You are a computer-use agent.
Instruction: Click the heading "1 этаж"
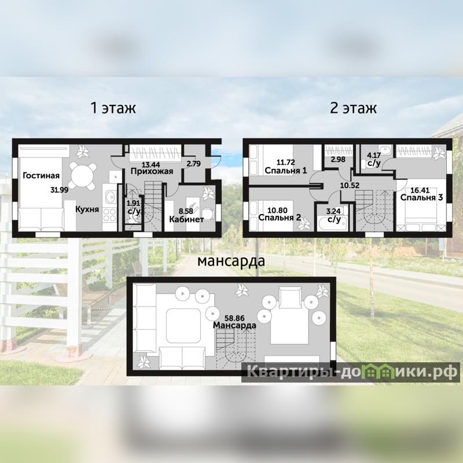[x=113, y=108]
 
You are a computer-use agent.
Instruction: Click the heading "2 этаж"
[x=353, y=108]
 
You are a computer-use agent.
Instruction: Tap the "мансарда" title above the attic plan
[x=231, y=262]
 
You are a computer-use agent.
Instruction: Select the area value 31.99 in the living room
[x=60, y=190]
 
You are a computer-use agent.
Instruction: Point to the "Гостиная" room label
[x=41, y=176]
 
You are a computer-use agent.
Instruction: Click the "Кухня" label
[x=87, y=210]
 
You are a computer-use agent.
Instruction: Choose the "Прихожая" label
[x=152, y=171]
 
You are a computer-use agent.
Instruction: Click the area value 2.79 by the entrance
[x=194, y=163]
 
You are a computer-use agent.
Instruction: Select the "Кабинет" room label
[x=186, y=219]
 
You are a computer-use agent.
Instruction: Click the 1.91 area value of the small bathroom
[x=133, y=203]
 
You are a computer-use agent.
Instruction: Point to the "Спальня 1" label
[x=286, y=170]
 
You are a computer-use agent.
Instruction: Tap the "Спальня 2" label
[x=280, y=218]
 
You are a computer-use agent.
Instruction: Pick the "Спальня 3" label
[x=422, y=197]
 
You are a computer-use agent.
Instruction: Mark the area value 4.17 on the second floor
[x=374, y=155]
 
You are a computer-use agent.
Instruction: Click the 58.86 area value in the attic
[x=234, y=318]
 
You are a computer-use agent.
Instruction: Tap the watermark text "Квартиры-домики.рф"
[x=351, y=372]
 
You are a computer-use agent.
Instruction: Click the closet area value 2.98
[x=338, y=160]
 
